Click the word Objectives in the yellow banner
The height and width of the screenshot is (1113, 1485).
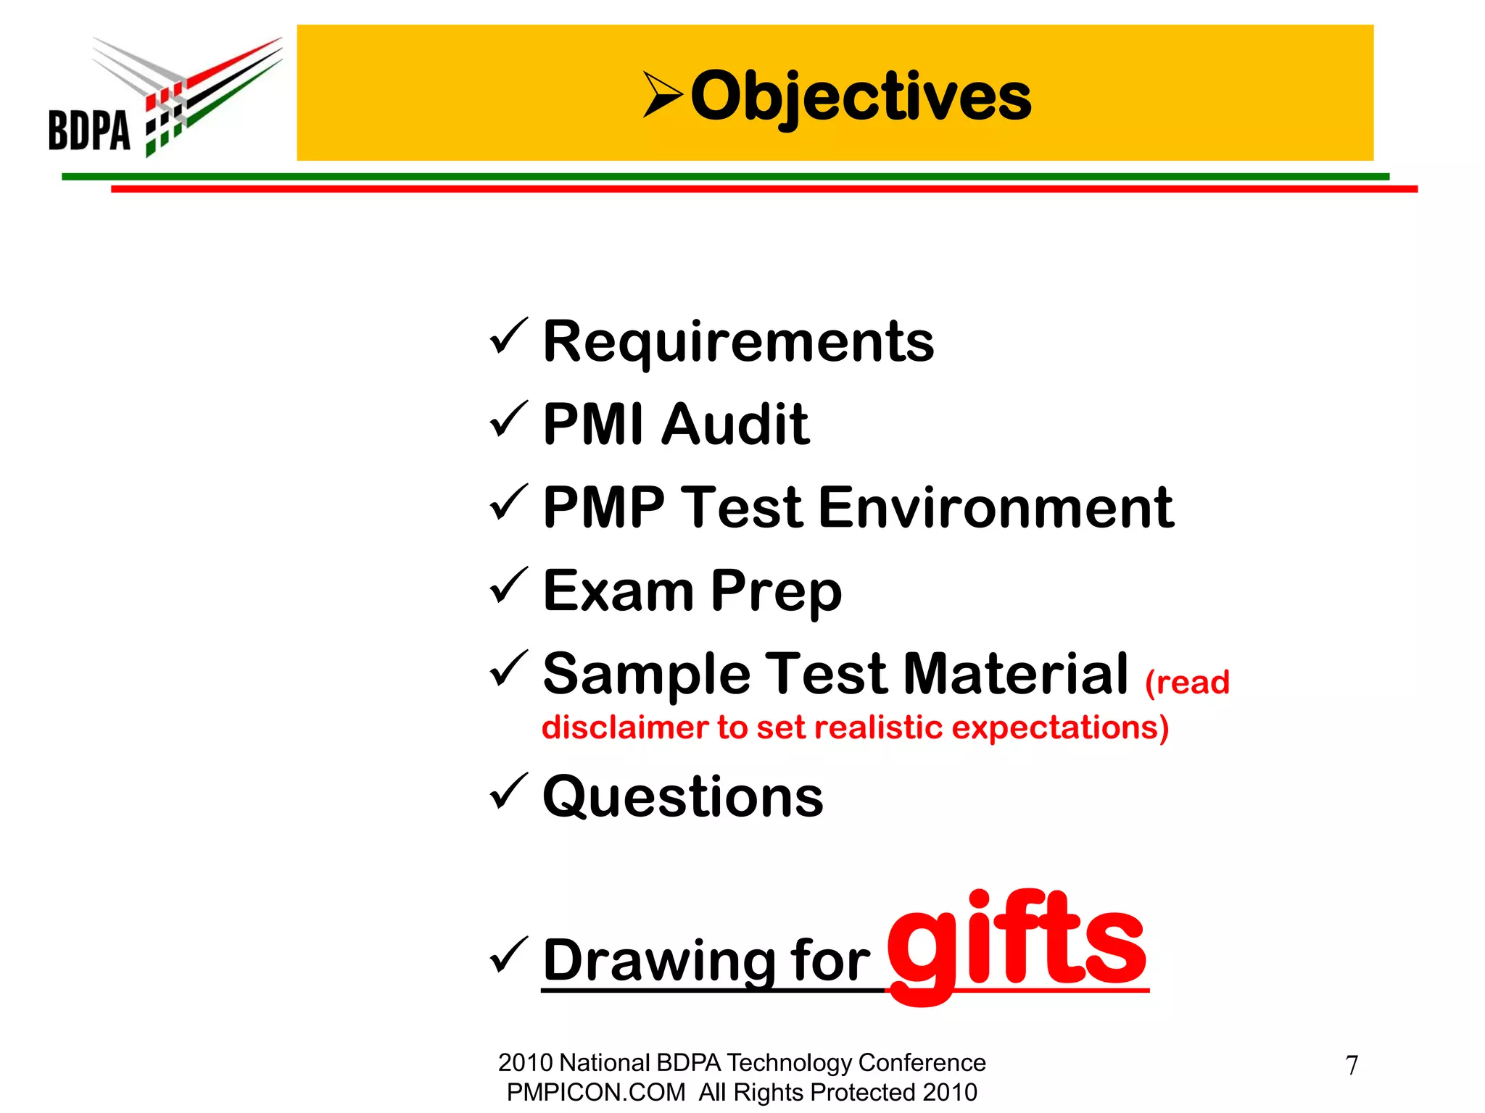coord(861,96)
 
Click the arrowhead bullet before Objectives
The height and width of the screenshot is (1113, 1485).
coord(662,94)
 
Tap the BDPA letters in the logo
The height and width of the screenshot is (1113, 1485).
coord(89,130)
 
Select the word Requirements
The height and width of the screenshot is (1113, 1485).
coord(738,342)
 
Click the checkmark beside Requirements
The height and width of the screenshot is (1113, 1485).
coord(508,337)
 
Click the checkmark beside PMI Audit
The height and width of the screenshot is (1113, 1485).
coord(508,420)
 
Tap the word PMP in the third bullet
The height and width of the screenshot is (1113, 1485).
coord(604,508)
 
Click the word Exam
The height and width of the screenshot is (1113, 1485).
coord(619,591)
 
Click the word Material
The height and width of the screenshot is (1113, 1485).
coord(1016,674)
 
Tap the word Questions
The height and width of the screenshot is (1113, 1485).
coord(683,797)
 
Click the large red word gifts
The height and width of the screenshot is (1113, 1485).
coord(1017,942)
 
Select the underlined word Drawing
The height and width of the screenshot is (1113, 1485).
coord(658,962)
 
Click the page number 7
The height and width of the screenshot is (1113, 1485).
coord(1352,1065)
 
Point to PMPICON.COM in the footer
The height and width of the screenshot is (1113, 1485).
coord(595,1092)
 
